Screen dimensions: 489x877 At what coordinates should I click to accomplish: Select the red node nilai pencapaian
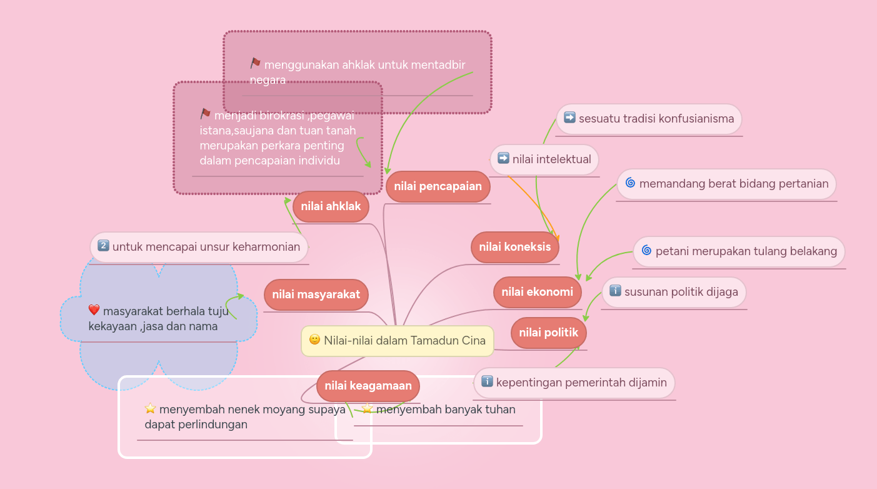438,186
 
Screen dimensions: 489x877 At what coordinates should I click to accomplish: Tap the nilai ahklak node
331,206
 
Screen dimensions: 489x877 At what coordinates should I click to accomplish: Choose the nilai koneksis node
514,247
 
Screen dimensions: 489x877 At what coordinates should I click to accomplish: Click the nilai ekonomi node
537,292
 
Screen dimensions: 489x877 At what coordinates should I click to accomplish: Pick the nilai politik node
548,333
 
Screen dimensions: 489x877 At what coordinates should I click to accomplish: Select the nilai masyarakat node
316,295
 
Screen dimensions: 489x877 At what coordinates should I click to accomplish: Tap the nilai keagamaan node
368,386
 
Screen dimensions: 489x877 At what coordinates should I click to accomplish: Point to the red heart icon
94,310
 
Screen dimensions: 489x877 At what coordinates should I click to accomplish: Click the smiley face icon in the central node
314,340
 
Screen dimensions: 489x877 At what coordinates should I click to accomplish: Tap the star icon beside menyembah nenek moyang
150,408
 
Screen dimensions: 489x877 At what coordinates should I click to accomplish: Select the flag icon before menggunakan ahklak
255,63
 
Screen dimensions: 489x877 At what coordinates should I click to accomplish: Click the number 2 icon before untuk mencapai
104,246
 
